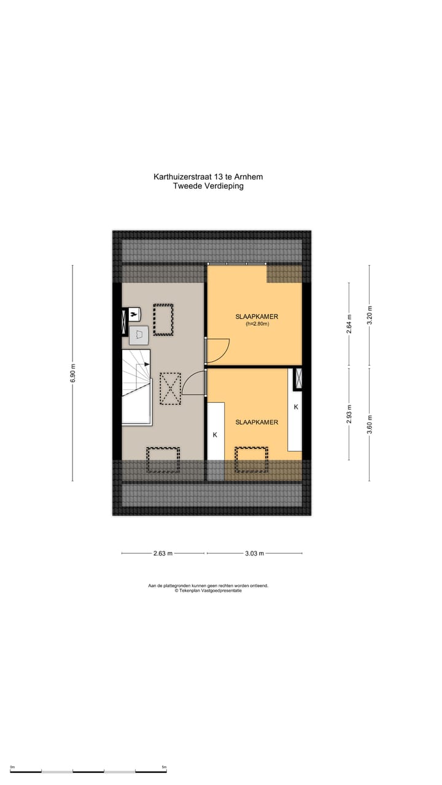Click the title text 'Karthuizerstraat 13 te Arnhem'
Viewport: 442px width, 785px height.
(208, 177)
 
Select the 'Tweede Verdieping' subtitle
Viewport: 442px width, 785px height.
(208, 186)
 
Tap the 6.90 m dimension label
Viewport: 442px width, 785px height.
(72, 373)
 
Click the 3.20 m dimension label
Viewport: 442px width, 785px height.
(369, 314)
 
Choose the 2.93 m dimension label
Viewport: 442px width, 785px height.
(349, 414)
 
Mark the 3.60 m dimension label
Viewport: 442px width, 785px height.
(369, 424)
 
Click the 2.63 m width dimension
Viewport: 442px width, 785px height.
(163, 553)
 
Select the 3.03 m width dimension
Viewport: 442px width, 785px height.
(254, 553)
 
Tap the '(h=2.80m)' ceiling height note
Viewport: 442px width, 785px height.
(257, 324)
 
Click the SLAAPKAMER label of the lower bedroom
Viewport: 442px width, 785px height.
(257, 422)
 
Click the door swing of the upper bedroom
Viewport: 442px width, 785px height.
(218, 350)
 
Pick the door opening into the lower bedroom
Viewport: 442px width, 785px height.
(193, 384)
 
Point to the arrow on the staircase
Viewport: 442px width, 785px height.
(147, 364)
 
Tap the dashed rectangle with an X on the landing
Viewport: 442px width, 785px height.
(170, 388)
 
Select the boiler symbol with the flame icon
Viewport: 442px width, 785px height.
(133, 314)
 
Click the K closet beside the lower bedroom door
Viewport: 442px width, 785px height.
(215, 432)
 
